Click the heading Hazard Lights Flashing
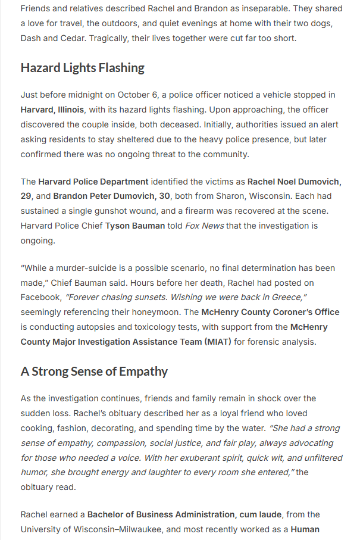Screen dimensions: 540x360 82,68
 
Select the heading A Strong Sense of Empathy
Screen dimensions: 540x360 94,372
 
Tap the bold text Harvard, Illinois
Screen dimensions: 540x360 52,110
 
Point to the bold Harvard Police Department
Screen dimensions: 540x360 93,181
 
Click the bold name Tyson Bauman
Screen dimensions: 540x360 135,226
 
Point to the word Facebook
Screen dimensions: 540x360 40,296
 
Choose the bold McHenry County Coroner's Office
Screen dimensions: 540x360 270,311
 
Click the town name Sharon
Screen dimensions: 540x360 220,196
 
